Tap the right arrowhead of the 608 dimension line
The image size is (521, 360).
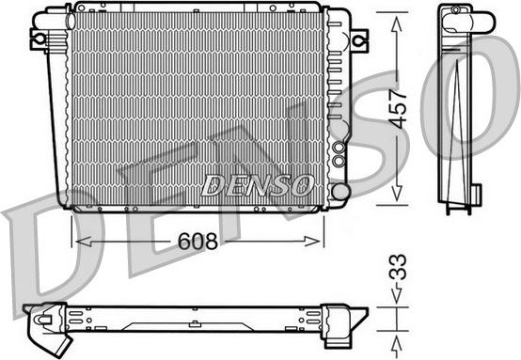(x=321, y=242)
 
